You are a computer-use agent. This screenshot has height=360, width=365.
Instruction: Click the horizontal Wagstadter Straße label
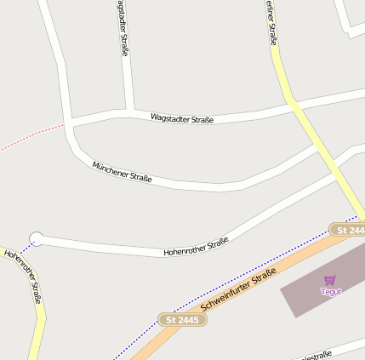tap(182, 117)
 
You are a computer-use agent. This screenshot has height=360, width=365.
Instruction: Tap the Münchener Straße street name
tap(122, 171)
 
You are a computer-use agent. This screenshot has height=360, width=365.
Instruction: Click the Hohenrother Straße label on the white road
tap(196, 247)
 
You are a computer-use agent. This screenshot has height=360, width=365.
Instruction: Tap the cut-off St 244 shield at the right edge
tap(348, 230)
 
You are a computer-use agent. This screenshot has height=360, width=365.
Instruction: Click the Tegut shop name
tap(330, 291)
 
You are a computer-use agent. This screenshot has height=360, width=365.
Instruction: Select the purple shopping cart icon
tap(330, 279)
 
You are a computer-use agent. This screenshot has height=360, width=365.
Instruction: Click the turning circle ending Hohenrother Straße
tap(36, 239)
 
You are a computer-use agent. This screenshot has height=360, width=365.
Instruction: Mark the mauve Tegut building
tap(306, 294)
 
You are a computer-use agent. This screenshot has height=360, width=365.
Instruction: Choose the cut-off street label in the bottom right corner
tap(317, 354)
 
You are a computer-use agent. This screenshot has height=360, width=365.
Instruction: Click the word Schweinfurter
tap(225, 297)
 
